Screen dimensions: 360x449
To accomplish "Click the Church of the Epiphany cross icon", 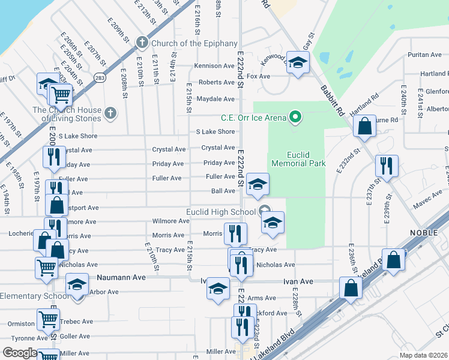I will click(x=142, y=43).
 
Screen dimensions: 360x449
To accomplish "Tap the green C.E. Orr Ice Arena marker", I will click(x=295, y=117).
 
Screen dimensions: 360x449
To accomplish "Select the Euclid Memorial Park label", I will click(x=298, y=158).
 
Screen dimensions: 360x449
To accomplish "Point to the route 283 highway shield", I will click(x=100, y=77).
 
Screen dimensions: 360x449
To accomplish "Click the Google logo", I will click(x=19, y=353).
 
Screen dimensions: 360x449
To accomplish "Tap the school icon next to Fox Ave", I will click(x=297, y=62).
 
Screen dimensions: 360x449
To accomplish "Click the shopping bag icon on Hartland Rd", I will click(x=364, y=127).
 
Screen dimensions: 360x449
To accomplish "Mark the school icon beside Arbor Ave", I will click(x=77, y=284).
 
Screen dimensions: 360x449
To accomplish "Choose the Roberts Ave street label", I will click(x=217, y=82).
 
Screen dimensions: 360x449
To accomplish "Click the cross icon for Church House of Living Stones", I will click(x=110, y=112).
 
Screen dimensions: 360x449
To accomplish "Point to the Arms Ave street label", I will click(x=262, y=298).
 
